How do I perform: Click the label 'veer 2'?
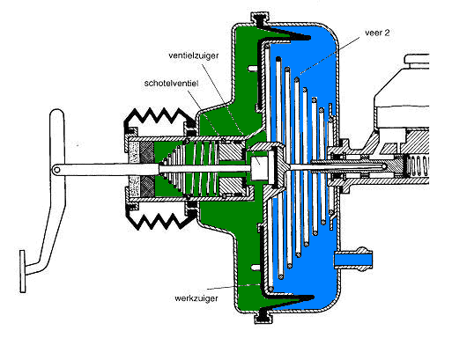tap(377, 33)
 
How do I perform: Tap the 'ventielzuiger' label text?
tap(194, 55)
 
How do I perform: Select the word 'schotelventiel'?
tap(172, 84)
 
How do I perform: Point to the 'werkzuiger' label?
tap(196, 298)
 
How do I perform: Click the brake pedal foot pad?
tap(22, 271)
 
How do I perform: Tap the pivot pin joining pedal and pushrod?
tap(56, 170)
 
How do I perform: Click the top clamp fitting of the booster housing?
tap(260, 19)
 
